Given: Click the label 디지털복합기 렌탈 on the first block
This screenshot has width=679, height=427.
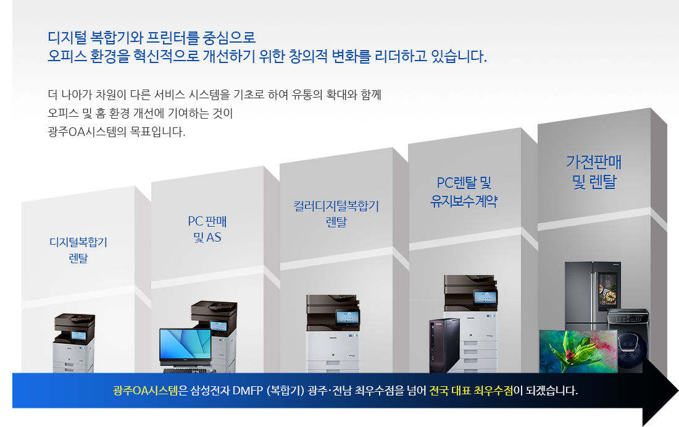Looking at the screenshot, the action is click(78, 250).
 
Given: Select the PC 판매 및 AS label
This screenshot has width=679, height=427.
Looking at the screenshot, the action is click(207, 229).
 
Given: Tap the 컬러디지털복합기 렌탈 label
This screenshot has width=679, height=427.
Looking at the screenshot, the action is click(336, 214).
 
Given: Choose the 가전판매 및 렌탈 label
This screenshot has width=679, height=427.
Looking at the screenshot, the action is click(594, 172).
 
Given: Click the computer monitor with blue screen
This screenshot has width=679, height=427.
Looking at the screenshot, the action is click(185, 348).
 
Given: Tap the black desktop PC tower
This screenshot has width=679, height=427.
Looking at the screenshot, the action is click(444, 345).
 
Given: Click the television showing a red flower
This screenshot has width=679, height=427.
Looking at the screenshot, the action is click(578, 352).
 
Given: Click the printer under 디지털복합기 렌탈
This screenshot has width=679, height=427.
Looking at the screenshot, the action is click(74, 343).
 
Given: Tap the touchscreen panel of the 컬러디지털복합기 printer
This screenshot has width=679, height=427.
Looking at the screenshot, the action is click(348, 318).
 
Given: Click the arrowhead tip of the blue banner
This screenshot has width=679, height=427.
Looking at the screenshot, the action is click(678, 391).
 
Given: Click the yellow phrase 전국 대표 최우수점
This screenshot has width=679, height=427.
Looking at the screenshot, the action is click(471, 391).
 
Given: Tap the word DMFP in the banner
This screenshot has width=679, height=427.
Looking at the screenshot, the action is click(248, 391).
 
